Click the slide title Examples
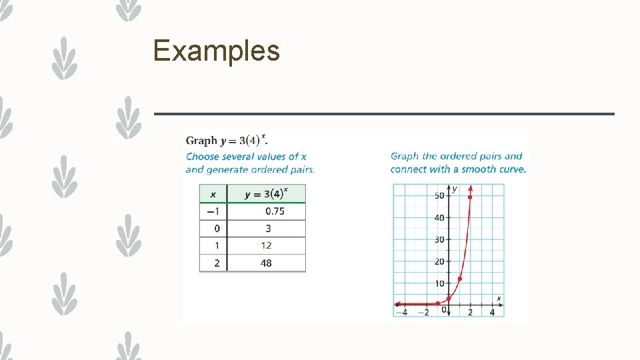click(x=216, y=51)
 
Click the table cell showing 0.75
click(x=275, y=211)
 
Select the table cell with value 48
click(x=266, y=263)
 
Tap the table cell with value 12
click(x=266, y=246)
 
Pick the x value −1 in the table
click(x=213, y=211)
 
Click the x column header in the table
click(x=213, y=194)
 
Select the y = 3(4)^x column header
click(x=266, y=194)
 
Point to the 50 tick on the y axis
click(x=439, y=195)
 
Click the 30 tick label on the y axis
click(x=439, y=239)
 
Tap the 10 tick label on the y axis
click(x=439, y=284)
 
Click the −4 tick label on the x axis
click(x=402, y=312)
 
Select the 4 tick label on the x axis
click(x=492, y=312)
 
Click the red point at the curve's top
click(x=471, y=197)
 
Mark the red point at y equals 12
click(x=459, y=279)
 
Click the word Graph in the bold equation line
click(x=201, y=141)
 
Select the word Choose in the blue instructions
click(x=202, y=157)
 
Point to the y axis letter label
click(x=455, y=189)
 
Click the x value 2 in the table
click(x=217, y=263)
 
